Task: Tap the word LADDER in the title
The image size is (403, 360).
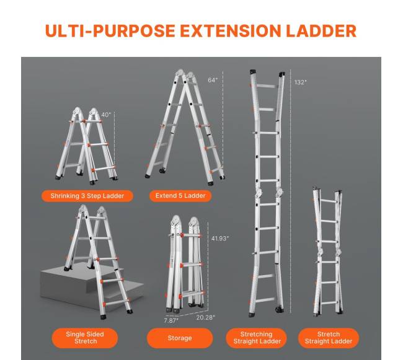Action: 321,31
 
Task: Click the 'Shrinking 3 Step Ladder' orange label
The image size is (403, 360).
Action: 87,196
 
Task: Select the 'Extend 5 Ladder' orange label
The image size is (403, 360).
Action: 180,196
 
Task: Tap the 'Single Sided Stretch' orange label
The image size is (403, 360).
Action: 85,338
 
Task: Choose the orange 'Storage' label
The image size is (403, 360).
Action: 180,338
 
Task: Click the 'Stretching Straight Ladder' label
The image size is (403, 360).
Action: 257,338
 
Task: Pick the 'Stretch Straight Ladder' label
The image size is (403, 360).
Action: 328,338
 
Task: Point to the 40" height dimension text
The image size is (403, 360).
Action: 106,115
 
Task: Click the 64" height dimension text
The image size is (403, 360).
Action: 213,80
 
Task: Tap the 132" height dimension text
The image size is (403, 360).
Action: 301,82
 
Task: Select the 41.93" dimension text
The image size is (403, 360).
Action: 219,239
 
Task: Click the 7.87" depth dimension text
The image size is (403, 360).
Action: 171,320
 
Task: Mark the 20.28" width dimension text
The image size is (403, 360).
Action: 205,318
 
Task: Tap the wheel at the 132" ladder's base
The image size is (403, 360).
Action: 278,309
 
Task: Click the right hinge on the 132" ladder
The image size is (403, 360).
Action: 278,192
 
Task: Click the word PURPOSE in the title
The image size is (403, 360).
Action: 134,31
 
